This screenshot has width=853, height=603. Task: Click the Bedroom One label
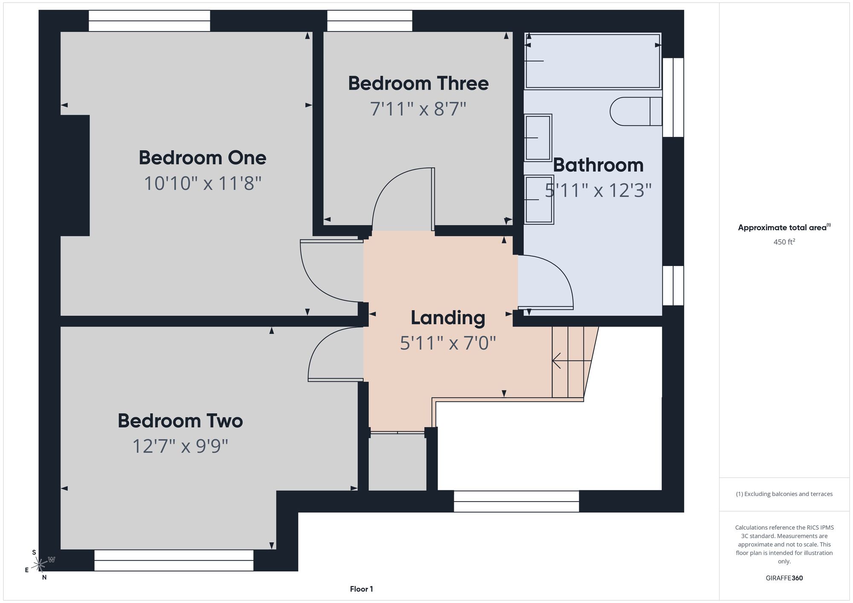(203, 158)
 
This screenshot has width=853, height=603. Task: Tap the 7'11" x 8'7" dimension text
(418, 109)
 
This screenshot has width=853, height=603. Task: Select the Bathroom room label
(598, 165)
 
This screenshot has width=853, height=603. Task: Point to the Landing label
(448, 318)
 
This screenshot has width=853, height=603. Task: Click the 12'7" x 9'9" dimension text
(180, 446)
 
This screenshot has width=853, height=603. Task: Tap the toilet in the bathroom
(636, 111)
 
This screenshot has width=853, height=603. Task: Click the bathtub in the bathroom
(593, 61)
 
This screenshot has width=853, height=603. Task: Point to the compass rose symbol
(39, 565)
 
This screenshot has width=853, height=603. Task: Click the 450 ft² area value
(784, 242)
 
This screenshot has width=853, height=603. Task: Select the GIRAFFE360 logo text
(784, 578)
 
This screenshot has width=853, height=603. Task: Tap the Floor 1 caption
(361, 589)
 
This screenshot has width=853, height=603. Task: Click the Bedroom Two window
(174, 560)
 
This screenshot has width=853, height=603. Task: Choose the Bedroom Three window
(370, 21)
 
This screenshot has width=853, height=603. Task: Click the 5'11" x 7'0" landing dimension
(448, 343)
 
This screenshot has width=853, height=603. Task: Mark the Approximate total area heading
(784, 227)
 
